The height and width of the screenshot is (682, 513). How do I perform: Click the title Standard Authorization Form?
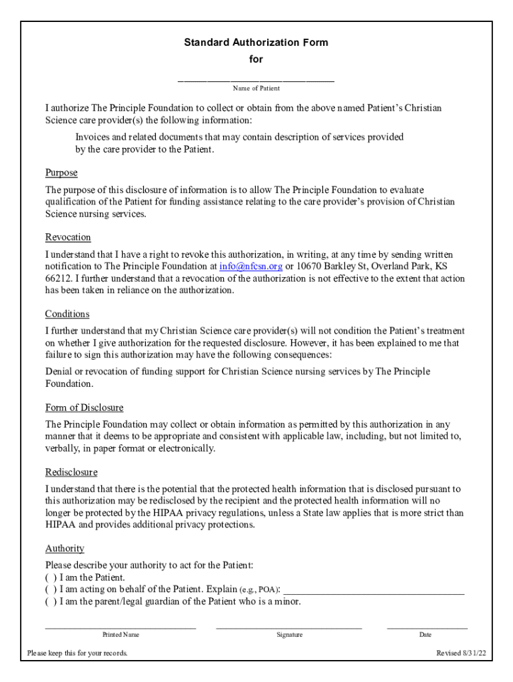256,43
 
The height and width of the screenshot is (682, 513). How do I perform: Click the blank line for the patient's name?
256,79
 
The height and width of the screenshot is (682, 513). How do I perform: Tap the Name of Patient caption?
256,89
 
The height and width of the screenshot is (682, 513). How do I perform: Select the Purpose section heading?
61,173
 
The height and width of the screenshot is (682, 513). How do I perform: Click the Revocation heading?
68,238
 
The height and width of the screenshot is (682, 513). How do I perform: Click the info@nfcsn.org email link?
251,266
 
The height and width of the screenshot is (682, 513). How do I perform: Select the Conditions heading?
67,314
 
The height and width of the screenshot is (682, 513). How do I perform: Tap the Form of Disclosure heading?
84,408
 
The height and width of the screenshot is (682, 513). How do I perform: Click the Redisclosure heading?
71,472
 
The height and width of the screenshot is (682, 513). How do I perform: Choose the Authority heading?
65,549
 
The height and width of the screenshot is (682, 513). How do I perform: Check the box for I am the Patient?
51,577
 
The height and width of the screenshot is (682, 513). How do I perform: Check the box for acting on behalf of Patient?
51,589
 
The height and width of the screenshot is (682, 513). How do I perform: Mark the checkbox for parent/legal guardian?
51,601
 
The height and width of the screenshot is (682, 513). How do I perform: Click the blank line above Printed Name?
121,626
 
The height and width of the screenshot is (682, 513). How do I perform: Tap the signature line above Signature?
289,626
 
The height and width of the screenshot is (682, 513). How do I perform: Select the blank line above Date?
426,626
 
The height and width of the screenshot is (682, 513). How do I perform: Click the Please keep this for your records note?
77,653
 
